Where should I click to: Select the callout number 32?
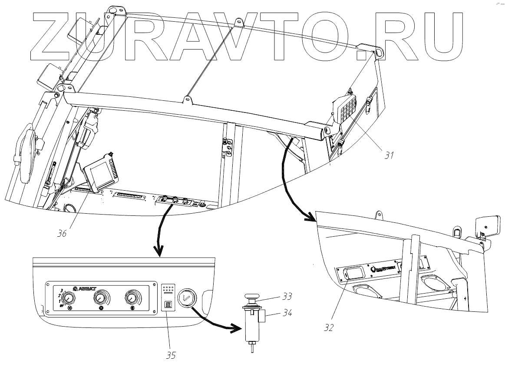(328, 327)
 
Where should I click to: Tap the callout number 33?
(286, 297)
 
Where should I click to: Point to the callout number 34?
(287, 311)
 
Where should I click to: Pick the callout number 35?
(171, 355)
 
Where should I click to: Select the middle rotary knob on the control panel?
(101, 298)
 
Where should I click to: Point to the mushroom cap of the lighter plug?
(251, 298)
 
